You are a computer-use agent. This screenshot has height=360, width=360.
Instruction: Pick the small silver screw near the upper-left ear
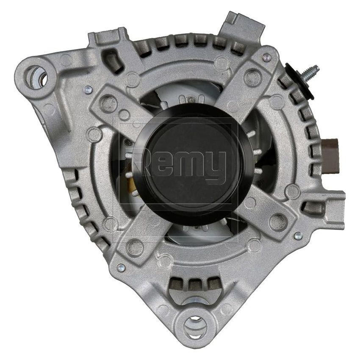87,89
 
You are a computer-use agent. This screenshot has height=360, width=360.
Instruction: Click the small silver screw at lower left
121,268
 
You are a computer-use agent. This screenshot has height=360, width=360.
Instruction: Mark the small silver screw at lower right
298,236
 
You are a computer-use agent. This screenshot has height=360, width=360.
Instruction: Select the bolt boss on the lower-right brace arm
278,219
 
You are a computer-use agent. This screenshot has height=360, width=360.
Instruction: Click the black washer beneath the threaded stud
294,75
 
